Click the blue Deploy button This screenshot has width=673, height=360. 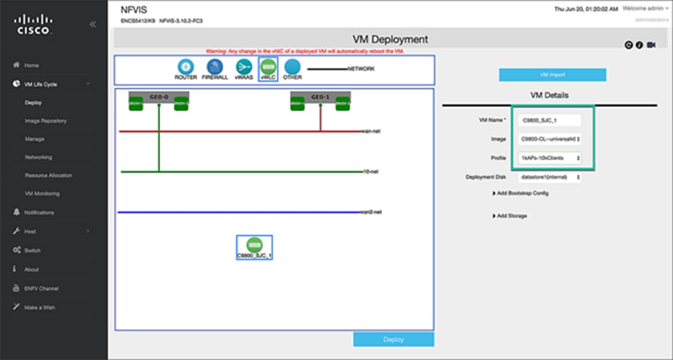[x=393, y=339]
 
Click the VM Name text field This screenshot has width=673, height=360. [x=550, y=120]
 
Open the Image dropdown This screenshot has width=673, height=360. [x=550, y=139]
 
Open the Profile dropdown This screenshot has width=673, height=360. [x=550, y=157]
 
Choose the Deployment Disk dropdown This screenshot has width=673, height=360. [x=550, y=177]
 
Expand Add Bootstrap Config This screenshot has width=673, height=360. [x=520, y=193]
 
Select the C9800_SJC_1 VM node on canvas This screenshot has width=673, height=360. [x=254, y=245]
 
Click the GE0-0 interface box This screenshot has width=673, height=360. [x=159, y=96]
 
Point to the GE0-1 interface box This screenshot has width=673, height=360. [x=320, y=96]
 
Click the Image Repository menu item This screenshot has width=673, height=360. [x=46, y=121]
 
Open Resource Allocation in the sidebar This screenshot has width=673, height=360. [x=48, y=175]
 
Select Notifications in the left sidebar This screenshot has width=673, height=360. [x=39, y=212]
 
